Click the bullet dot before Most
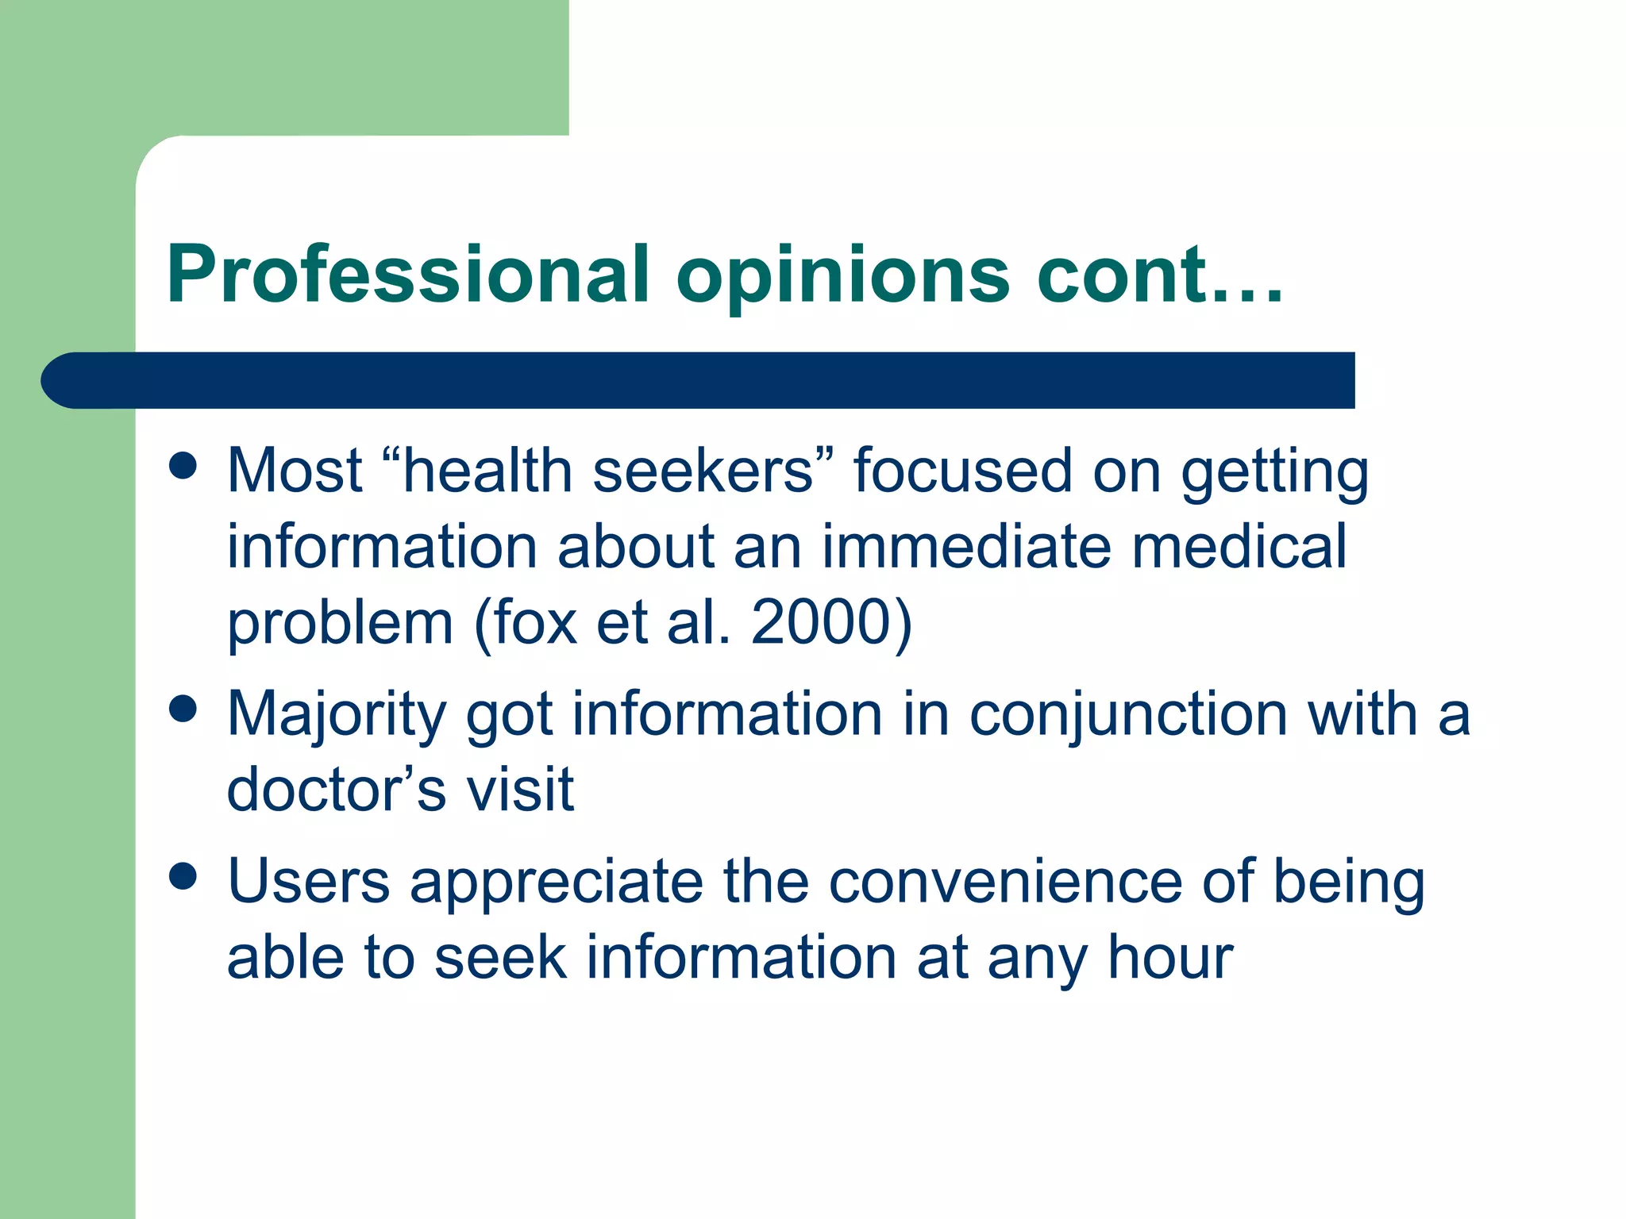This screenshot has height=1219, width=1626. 183,466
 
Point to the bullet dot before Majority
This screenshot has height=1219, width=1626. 183,709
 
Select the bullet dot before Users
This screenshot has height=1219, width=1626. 183,877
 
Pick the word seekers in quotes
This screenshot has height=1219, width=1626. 703,471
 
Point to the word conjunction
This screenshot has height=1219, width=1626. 1128,714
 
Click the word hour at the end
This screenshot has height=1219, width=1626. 1170,957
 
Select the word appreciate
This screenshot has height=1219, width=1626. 557,883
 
